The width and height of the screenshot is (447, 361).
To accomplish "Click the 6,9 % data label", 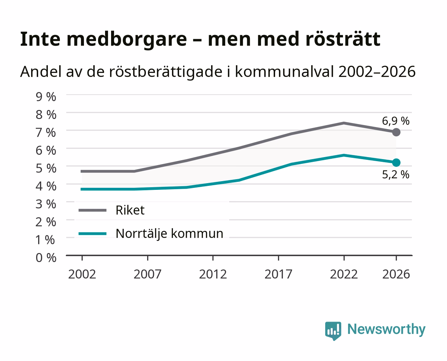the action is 395,121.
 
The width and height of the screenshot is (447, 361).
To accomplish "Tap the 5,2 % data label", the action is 395,174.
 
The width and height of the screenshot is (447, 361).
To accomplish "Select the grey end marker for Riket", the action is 396,132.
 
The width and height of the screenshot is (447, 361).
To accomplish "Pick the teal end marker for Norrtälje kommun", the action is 396,162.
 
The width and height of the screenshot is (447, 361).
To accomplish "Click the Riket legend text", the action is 130,210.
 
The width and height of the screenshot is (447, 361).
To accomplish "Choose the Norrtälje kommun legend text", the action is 169,233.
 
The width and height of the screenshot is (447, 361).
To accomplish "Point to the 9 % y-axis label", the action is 46,97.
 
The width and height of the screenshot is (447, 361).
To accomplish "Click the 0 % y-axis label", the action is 46,258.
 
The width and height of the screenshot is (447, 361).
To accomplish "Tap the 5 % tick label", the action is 46,168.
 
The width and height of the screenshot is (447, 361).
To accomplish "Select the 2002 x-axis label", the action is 82,274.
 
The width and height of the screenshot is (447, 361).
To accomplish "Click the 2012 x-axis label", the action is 213,274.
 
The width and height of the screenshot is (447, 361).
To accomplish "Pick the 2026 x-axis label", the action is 396,274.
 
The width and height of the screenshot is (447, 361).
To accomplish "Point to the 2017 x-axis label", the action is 278,274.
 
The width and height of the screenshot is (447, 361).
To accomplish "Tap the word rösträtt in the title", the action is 343,39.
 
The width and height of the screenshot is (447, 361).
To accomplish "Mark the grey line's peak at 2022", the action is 344,123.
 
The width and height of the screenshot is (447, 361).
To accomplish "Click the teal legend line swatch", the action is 93,234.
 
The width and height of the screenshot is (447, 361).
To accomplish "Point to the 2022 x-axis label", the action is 344,274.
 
